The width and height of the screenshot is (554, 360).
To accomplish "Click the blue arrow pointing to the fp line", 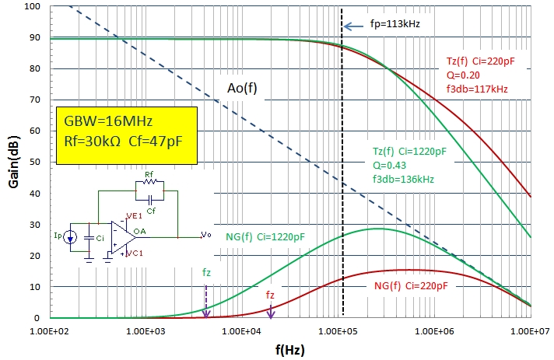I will pyautogui.click(x=354, y=26).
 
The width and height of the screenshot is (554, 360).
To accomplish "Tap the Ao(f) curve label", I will pyautogui.click(x=242, y=88).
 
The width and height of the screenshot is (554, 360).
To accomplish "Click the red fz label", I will pyautogui.click(x=270, y=295).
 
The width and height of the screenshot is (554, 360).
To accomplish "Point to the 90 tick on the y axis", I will pyautogui.click(x=35, y=37).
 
